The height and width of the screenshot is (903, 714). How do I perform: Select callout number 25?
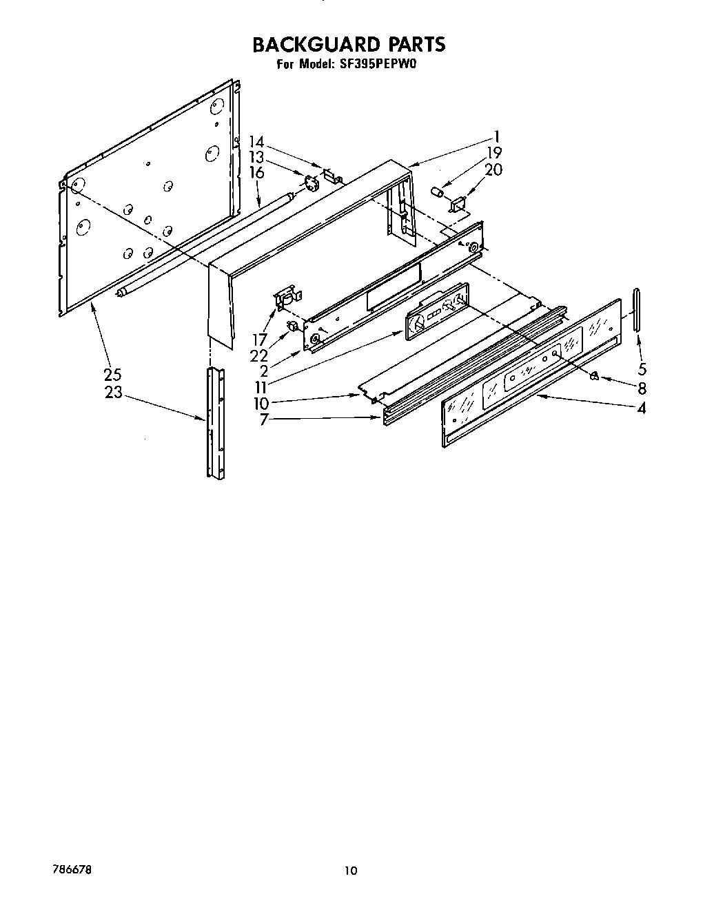pos(112,375)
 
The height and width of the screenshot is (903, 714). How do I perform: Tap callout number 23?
pos(112,392)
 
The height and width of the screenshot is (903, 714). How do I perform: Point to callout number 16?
pos(256,172)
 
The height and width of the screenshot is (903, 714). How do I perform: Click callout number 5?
pos(642,369)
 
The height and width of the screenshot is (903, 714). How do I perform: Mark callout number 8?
pos(642,388)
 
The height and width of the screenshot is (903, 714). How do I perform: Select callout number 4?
pos(642,408)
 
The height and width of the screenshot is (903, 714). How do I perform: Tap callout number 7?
pos(263,419)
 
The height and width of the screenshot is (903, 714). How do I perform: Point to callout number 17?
pos(259,340)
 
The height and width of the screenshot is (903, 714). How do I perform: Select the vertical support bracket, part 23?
pos(214,422)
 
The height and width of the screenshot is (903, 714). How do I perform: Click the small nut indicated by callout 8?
pos(594,375)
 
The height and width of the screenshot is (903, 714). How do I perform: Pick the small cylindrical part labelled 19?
pos(436,191)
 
